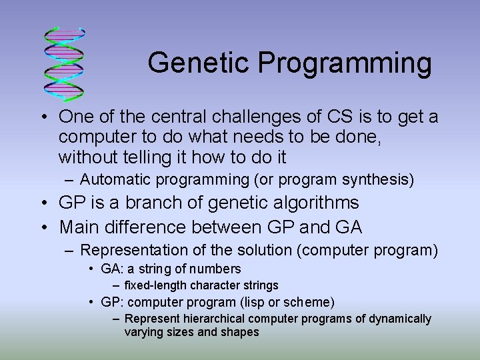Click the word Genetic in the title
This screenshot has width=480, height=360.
click(199, 63)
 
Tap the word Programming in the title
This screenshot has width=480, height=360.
click(345, 64)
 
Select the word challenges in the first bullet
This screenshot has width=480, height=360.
click(261, 117)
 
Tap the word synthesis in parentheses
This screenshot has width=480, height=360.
click(383, 179)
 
